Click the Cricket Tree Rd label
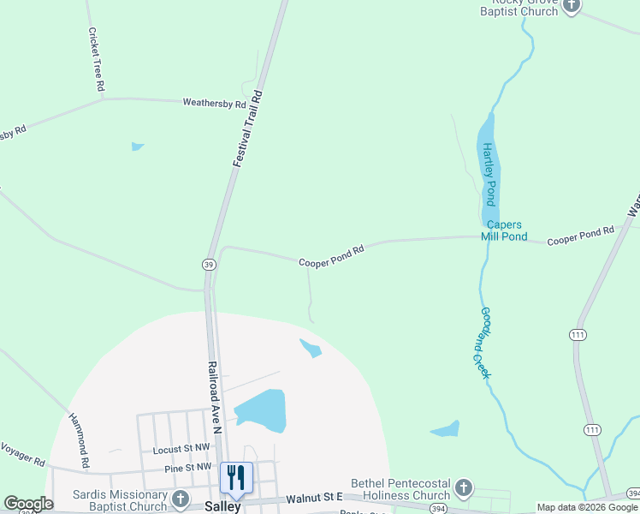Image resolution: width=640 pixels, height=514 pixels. coord(96,59)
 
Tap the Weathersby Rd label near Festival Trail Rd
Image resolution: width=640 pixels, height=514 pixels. coord(215,103)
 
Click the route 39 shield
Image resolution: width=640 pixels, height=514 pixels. coord(209,264)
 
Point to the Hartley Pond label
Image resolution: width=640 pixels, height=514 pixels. coord(489,174)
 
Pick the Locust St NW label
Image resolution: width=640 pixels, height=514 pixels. coord(182,449)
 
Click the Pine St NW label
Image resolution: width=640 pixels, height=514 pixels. coord(187,467)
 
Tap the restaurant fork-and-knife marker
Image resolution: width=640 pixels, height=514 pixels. coord(235,477)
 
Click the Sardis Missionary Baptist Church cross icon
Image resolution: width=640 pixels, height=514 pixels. coord(180,498)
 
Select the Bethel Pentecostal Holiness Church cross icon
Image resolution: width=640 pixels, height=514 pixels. coord(463,488)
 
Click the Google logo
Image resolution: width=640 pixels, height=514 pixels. coord(28,504)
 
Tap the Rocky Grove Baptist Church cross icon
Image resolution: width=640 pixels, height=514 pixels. coord(571,6)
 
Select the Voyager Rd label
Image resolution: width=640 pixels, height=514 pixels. coord(23,453)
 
